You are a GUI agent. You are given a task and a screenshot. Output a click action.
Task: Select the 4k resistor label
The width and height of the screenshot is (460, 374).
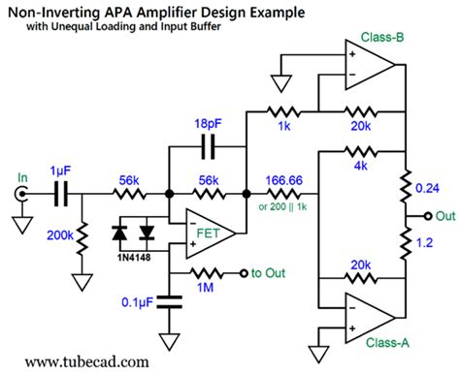click(x=359, y=168)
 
